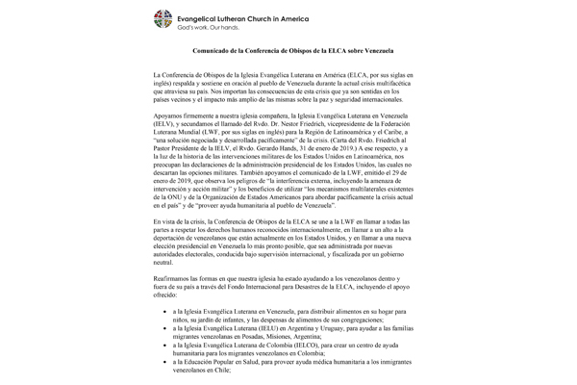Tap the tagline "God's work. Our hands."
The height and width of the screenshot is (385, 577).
225,25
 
